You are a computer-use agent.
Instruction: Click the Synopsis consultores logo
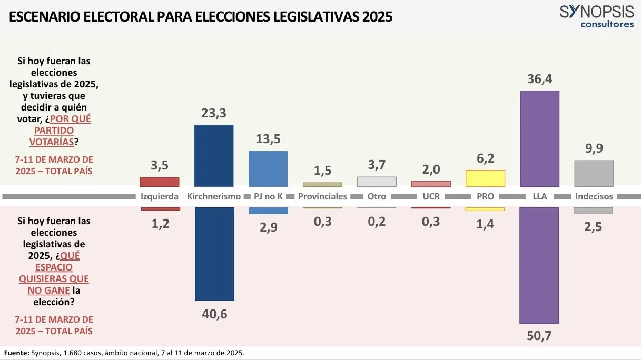coord(597,17)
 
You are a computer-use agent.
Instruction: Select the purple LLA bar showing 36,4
coord(540,138)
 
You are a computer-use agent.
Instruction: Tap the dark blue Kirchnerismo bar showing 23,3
coord(214,156)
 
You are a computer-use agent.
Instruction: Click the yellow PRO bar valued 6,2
coord(485,178)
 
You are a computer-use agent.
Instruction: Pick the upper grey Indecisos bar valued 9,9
coord(594,174)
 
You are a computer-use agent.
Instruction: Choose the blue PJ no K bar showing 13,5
coord(268,169)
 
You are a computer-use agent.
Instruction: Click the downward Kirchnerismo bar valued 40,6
coord(214,254)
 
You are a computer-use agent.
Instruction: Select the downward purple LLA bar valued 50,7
coord(539,265)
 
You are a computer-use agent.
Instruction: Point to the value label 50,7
coord(539,336)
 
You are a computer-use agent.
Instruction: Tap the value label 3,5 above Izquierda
coord(160,165)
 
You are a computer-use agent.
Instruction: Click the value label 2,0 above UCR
coord(431,169)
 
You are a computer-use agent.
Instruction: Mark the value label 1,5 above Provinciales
coord(322,171)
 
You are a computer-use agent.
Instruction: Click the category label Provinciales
coord(322,196)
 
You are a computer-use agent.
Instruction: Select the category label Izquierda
coord(160,196)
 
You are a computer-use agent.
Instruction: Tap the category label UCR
coord(431,196)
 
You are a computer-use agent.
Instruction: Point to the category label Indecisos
coord(594,196)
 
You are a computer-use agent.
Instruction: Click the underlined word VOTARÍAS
coord(52,142)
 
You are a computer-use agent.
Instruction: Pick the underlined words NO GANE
coord(48,291)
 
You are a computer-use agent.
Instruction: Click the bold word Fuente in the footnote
coord(17,353)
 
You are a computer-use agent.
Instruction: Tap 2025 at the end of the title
coord(378,17)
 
